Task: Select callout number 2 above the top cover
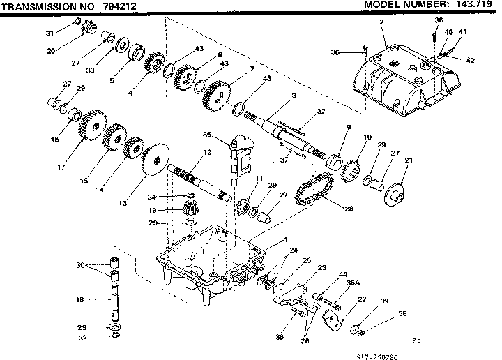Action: (x=381, y=22)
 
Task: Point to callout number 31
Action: (x=50, y=33)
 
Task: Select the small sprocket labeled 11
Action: (x=244, y=207)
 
